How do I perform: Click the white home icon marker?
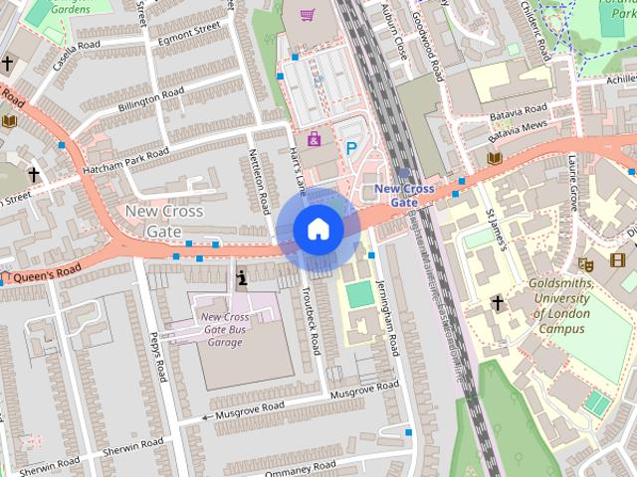coord(318,229)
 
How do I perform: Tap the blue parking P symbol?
coord(350,149)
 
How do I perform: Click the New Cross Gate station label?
coord(403,195)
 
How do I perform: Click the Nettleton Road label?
coord(260,181)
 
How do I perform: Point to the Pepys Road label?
coord(156,355)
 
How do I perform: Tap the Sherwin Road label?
coord(48,464)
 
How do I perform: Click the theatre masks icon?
coord(585,264)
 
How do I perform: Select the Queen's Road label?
coord(46,271)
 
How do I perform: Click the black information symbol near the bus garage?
coord(242,279)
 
